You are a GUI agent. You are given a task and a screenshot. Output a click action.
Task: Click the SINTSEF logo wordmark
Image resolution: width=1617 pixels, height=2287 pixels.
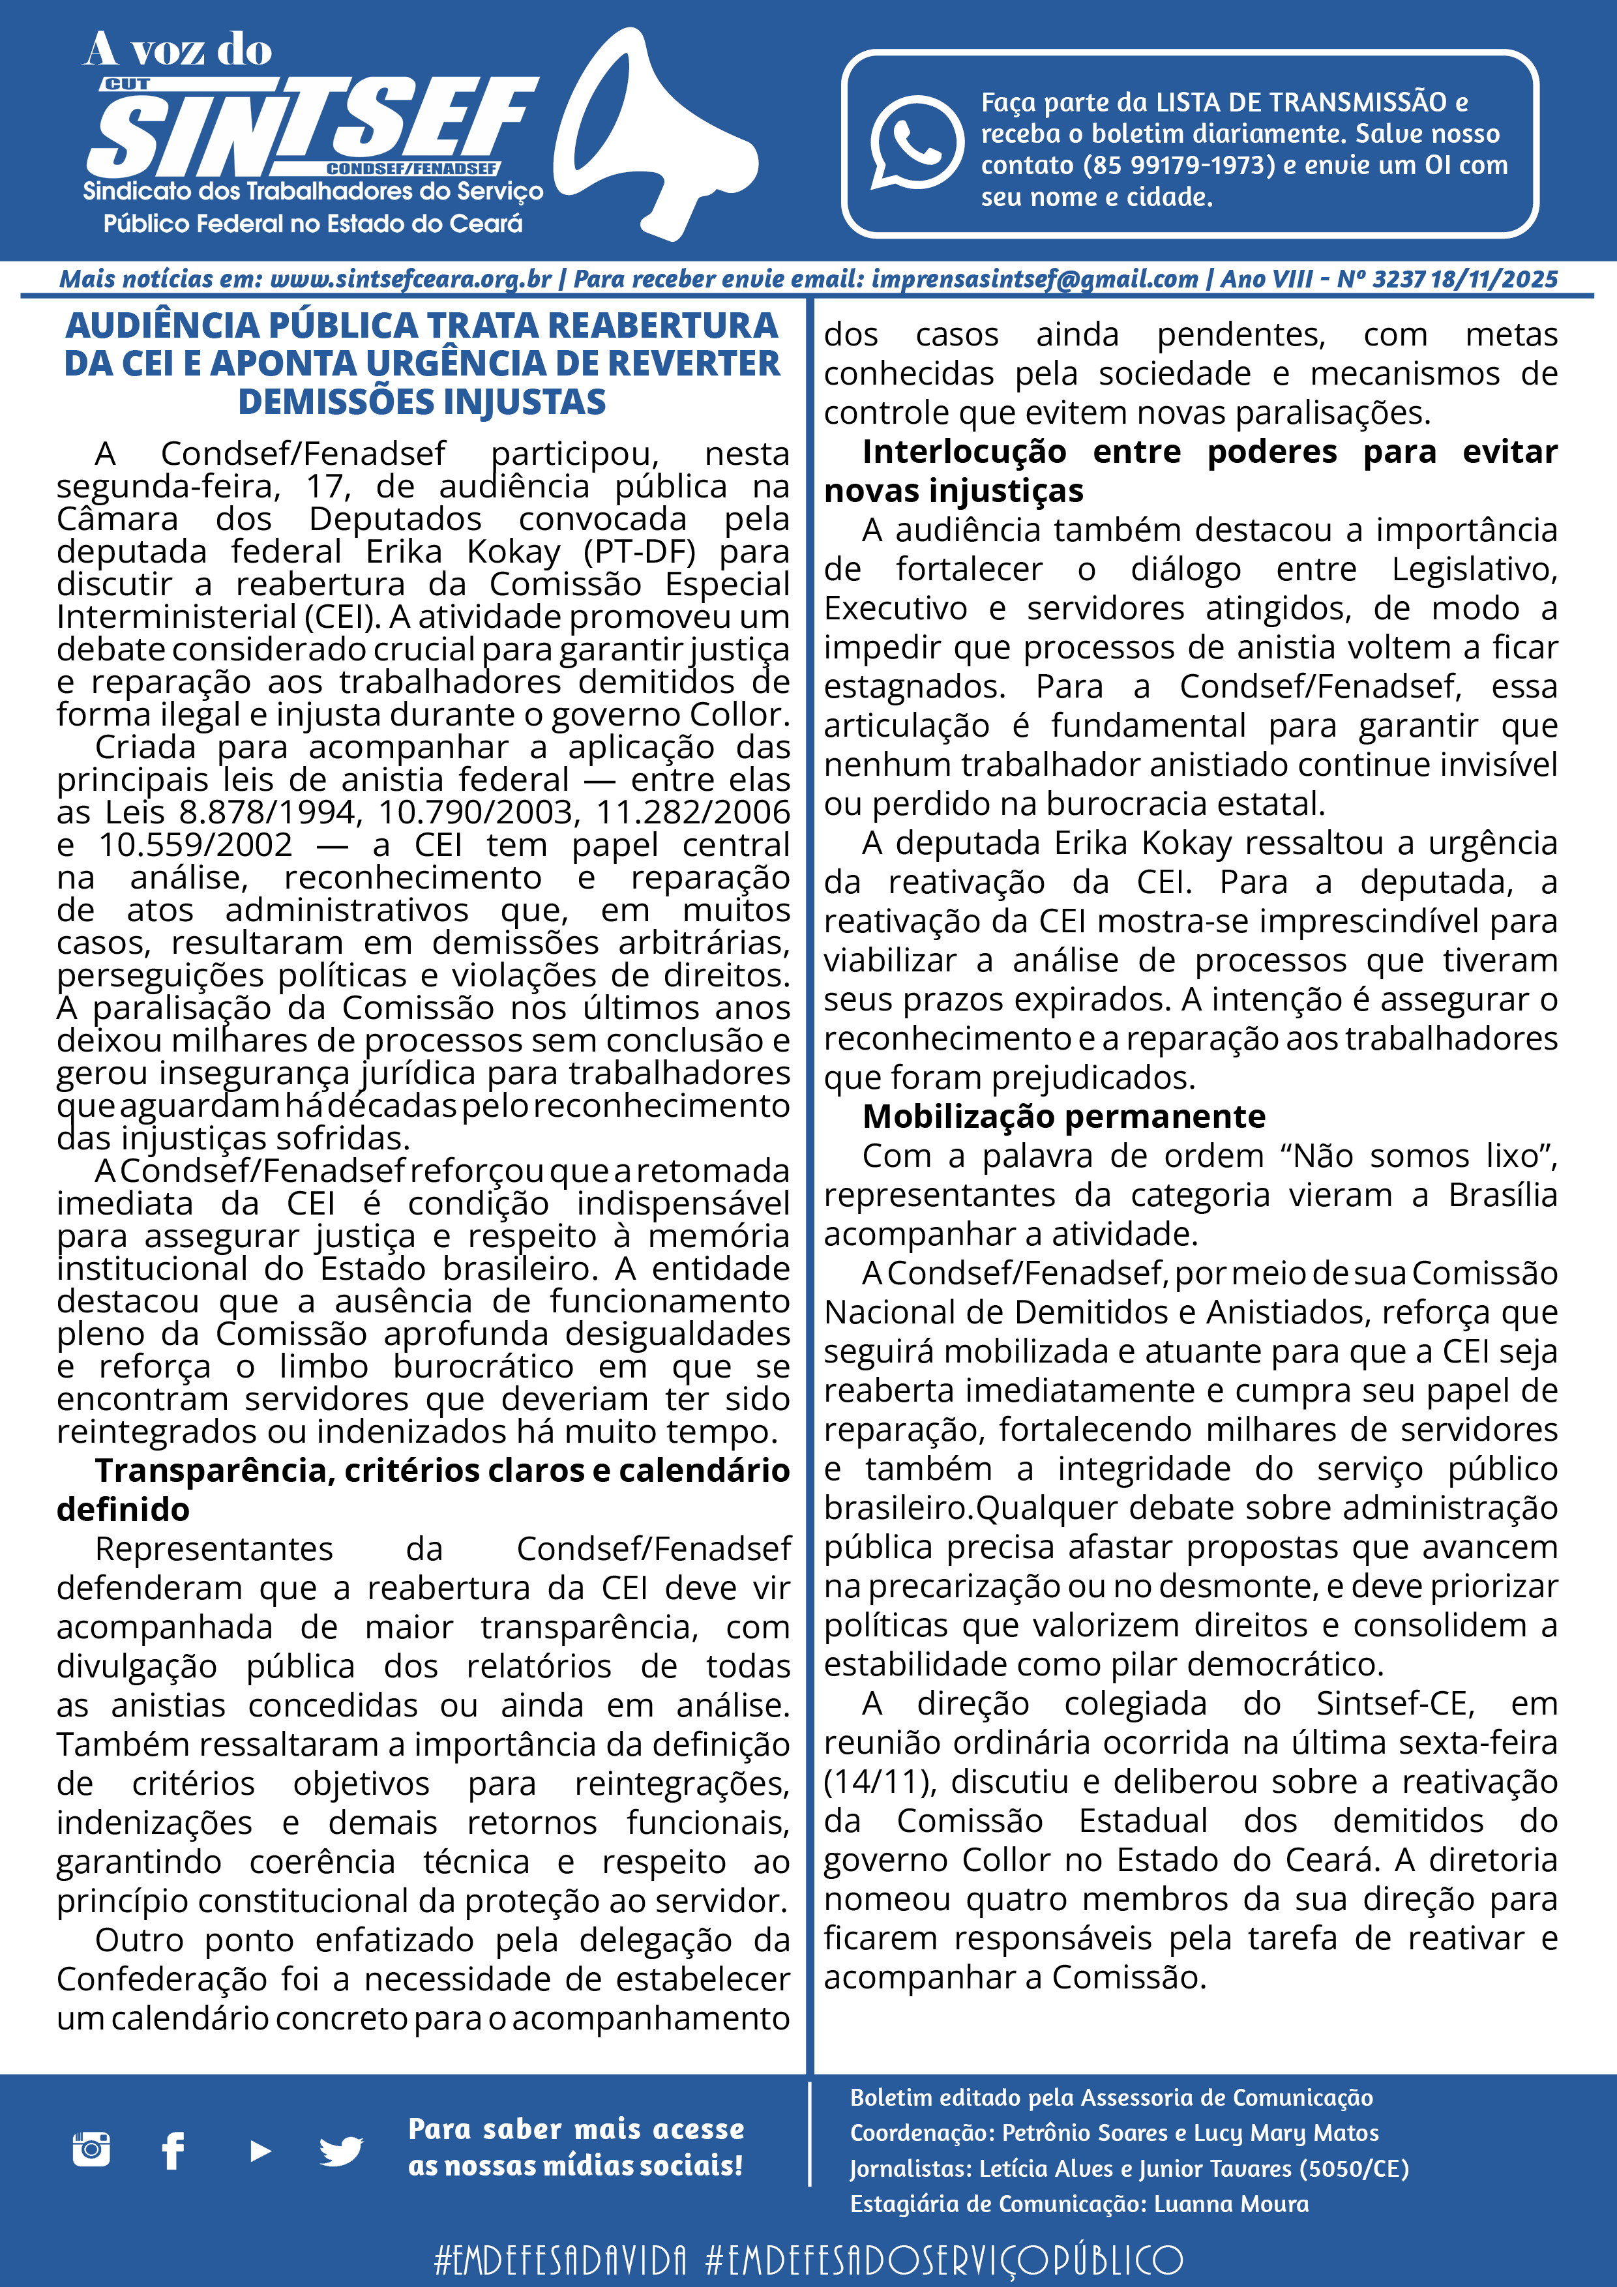click(x=309, y=128)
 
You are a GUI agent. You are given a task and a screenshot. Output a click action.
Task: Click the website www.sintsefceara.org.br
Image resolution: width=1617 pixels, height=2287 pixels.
click(x=411, y=279)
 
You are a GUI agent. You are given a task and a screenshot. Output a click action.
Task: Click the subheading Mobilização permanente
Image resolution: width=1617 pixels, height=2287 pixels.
click(x=1063, y=1117)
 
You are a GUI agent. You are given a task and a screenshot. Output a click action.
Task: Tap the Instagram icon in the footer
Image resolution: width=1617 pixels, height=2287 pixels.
click(x=92, y=2149)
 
